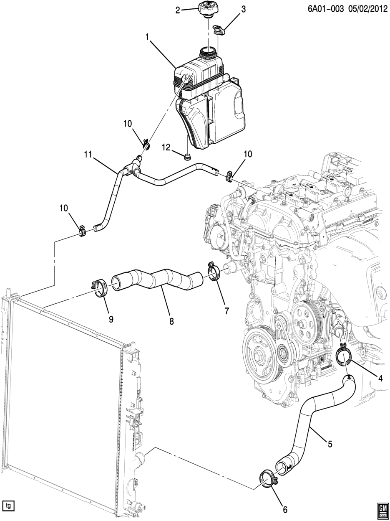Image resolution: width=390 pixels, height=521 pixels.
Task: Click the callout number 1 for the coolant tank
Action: point(147,38)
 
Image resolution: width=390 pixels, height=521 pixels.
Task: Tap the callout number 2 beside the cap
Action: point(178,10)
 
